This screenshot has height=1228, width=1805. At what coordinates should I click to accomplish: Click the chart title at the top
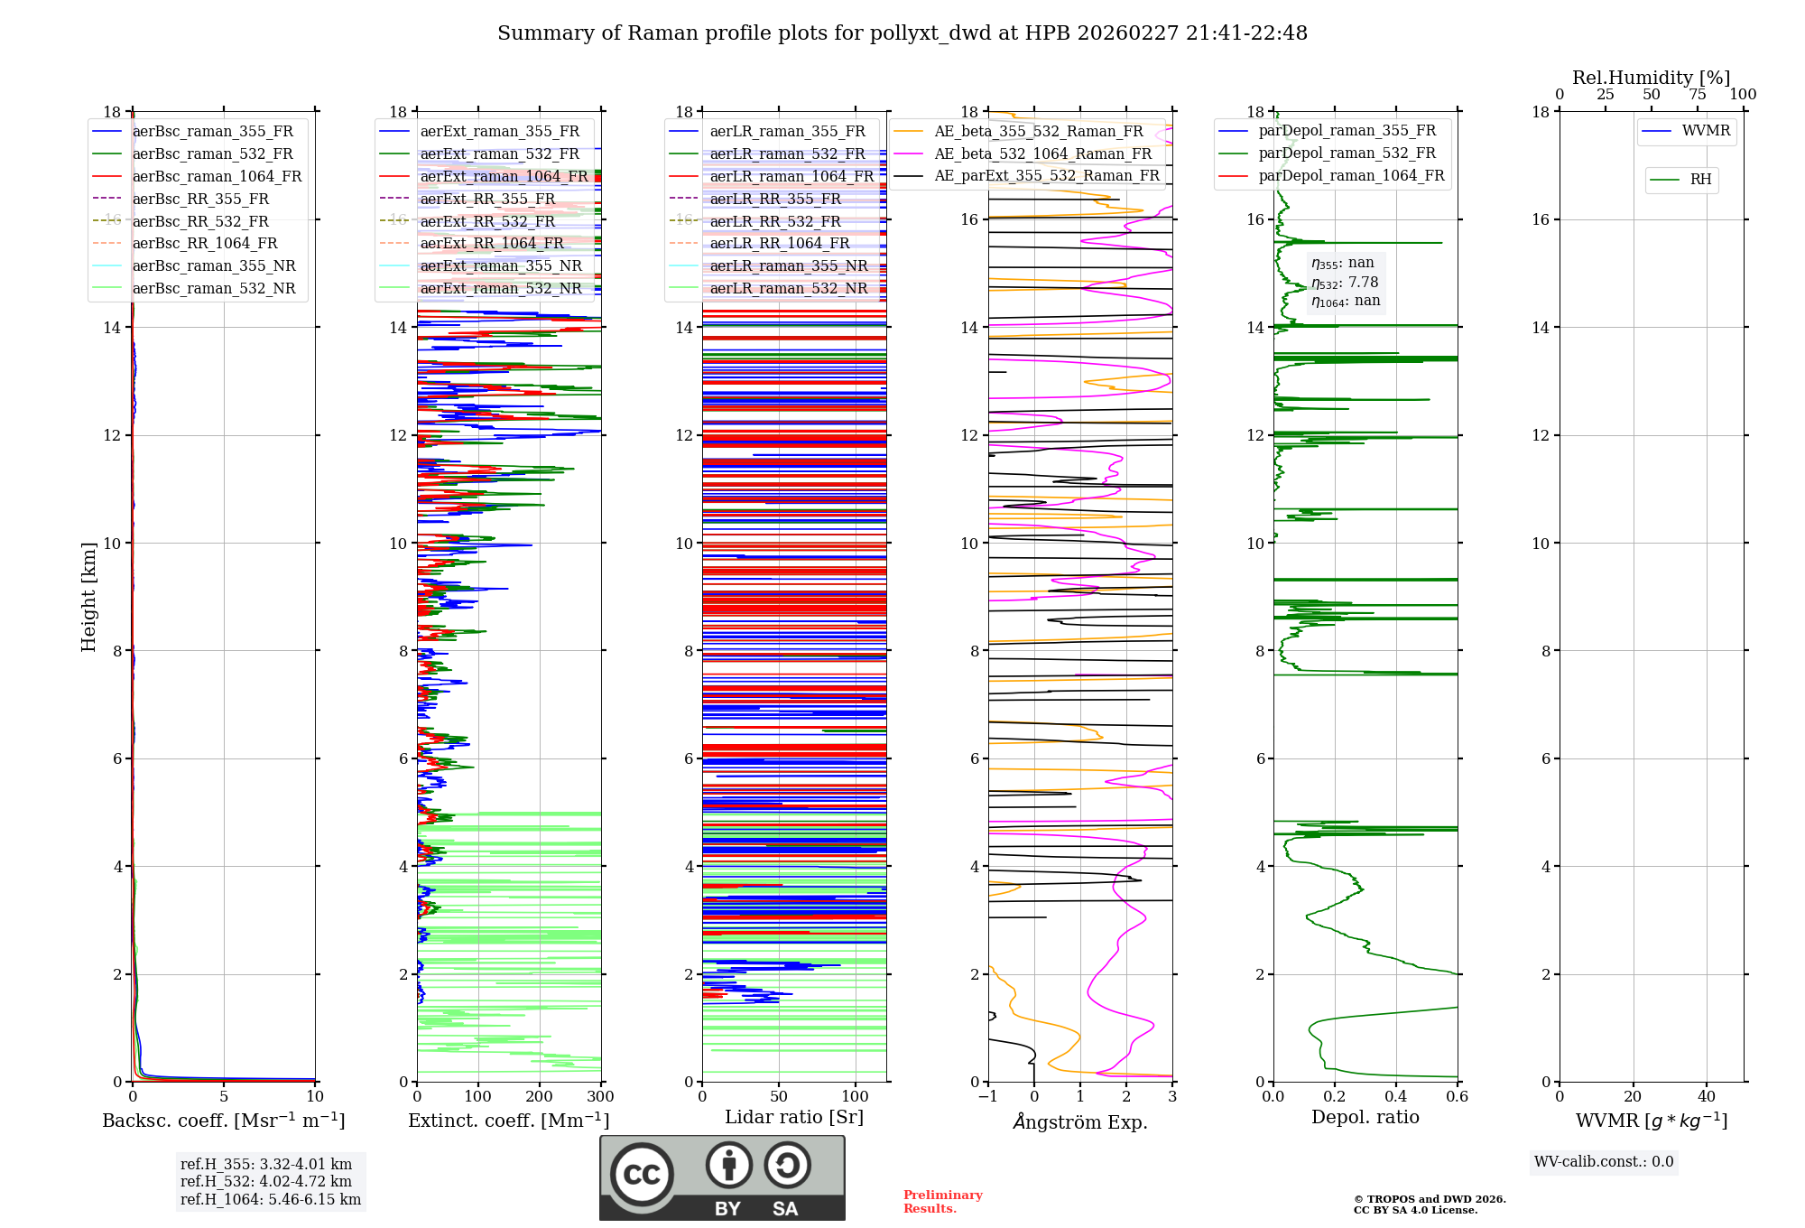(x=902, y=33)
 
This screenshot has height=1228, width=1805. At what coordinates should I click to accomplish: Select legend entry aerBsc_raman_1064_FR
(x=217, y=176)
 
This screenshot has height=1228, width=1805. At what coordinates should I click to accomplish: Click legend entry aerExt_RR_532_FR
(x=487, y=221)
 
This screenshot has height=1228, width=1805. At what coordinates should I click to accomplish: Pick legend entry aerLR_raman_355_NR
(x=788, y=265)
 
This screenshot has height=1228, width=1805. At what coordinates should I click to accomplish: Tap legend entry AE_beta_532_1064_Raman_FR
(x=1042, y=153)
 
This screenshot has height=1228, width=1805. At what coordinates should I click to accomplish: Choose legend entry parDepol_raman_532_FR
(x=1347, y=153)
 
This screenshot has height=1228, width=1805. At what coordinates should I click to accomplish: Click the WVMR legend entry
(x=1706, y=131)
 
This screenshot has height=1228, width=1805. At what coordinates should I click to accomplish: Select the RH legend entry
(x=1700, y=180)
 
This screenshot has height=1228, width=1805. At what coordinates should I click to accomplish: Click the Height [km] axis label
(x=88, y=597)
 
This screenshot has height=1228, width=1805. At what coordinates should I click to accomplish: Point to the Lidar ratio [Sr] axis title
(x=794, y=1117)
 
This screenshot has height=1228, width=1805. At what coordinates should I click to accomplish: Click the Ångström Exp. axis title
(x=1080, y=1121)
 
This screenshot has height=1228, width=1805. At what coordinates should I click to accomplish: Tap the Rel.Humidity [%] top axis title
(x=1651, y=78)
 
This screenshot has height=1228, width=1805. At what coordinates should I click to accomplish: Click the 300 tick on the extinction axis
(x=600, y=1097)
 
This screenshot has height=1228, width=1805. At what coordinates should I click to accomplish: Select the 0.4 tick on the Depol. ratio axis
(x=1396, y=1097)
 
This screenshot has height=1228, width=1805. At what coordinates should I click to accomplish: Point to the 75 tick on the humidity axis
(x=1697, y=95)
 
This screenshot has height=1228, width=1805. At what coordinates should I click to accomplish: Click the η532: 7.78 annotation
(x=1345, y=283)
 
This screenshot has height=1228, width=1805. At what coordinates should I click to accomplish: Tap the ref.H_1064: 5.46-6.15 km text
(x=271, y=1199)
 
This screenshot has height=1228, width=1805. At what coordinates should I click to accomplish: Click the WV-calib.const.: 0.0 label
(x=1604, y=1162)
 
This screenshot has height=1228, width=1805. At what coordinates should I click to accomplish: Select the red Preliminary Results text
(x=942, y=1202)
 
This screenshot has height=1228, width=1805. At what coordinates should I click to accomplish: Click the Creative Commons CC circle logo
(x=642, y=1174)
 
